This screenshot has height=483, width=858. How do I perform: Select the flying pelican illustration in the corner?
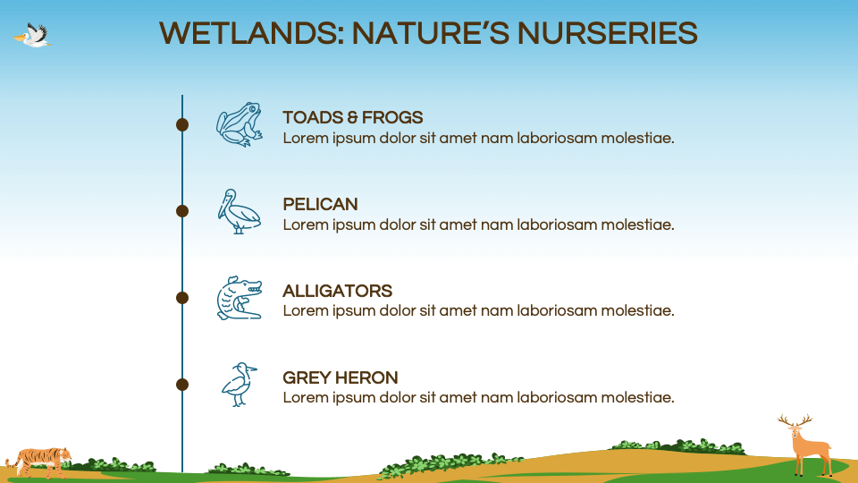(34, 36)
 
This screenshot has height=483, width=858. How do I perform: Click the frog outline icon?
(240, 124)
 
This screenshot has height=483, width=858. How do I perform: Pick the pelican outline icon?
(239, 211)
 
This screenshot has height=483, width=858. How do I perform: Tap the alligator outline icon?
(240, 298)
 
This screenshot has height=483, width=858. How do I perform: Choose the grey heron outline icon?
(239, 385)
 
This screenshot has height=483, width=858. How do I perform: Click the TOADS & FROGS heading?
(352, 117)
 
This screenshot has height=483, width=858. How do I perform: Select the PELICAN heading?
(320, 204)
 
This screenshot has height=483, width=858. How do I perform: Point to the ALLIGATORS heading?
(337, 291)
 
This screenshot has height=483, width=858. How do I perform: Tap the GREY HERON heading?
(340, 377)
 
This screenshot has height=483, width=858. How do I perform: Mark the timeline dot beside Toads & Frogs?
(182, 124)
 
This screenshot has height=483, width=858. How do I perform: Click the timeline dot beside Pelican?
(182, 211)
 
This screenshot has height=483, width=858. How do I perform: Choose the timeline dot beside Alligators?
(182, 298)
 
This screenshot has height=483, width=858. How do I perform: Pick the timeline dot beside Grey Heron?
(182, 385)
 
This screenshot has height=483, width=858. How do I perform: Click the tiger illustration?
(38, 460)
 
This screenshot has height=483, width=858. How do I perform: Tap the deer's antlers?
(795, 419)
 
